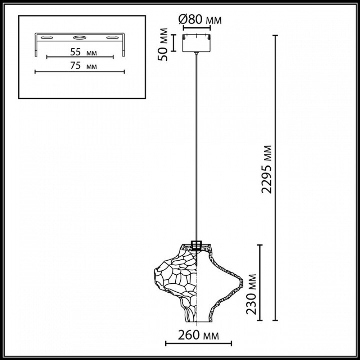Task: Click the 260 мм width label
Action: tap(198, 336)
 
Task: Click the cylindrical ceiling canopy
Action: tap(196, 43)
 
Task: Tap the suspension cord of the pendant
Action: tap(197, 144)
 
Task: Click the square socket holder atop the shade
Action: tap(197, 246)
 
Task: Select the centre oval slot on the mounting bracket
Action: tap(80, 37)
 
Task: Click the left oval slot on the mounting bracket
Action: tap(47, 37)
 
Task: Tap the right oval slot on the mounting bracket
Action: tap(113, 37)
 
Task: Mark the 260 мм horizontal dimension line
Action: tap(198, 343)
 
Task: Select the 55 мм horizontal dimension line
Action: tap(80, 57)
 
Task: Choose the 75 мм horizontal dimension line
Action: tap(80, 72)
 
